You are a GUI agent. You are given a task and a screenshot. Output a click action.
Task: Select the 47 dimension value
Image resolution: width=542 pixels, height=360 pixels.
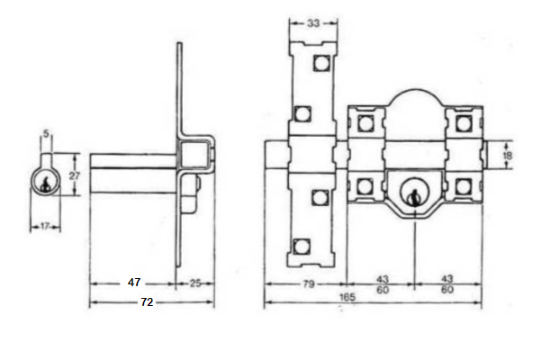134,283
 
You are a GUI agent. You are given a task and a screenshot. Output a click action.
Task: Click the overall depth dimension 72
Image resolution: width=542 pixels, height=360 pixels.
147,303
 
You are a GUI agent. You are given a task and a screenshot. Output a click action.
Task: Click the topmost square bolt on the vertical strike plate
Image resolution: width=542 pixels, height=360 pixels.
321,63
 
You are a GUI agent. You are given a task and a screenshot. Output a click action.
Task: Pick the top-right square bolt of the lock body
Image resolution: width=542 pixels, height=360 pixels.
463,122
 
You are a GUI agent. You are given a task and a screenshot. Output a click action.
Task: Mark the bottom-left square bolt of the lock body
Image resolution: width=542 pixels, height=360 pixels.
365,187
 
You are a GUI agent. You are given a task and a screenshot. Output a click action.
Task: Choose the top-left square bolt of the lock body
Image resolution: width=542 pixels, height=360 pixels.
365,122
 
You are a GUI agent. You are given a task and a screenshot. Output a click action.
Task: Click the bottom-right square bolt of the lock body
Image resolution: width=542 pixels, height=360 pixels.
463,187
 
